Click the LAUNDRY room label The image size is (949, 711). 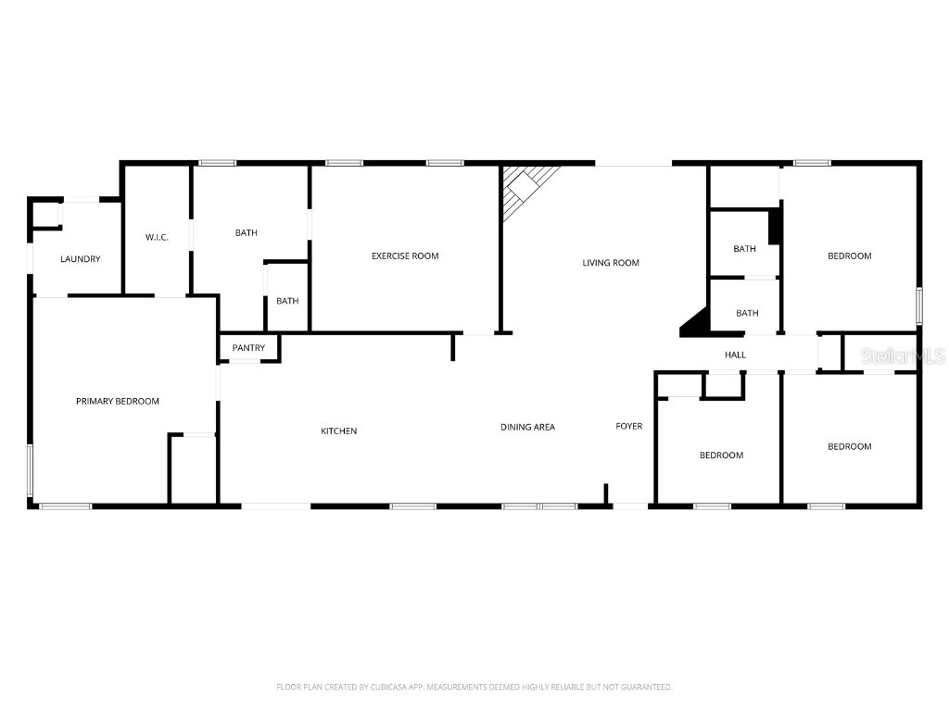point(81,259)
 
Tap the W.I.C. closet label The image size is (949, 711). point(157,238)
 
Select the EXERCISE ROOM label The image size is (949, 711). point(405,256)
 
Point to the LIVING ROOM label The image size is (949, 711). point(611,263)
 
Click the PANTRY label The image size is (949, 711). point(248,348)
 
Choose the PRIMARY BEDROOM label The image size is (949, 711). point(118,401)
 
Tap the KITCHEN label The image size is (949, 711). point(338,431)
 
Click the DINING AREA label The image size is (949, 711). point(527,427)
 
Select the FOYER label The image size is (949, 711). point(629,426)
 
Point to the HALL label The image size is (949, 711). point(735,355)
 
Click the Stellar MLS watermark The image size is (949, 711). point(903,355)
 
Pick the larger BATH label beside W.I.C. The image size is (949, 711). point(247,232)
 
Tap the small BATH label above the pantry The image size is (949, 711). point(287,301)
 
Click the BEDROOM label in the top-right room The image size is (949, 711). point(849,256)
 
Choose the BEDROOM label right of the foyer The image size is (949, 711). point(721,455)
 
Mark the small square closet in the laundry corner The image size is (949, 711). point(45,215)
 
